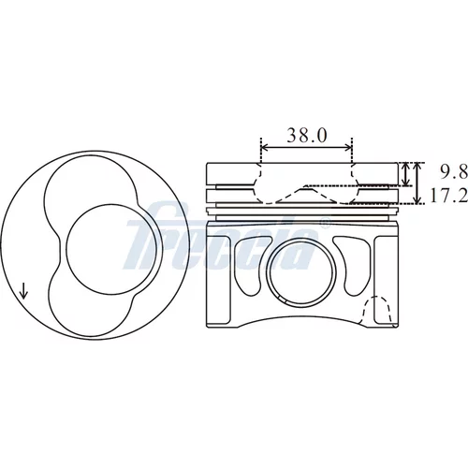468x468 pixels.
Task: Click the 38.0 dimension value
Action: point(307,135)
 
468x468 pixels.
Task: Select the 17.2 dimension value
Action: point(449,196)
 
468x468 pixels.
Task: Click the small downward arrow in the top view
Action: point(23,290)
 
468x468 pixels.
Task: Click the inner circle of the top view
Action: point(111,249)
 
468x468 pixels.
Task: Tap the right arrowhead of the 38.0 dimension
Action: point(348,148)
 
